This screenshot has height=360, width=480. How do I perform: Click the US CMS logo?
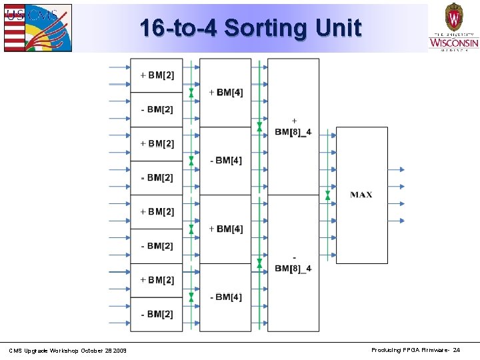pos(37,27)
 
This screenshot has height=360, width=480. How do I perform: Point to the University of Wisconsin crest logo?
pos(453,27)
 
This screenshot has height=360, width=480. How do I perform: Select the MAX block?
pos(361,195)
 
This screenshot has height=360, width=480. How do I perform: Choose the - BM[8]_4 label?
pos(293,263)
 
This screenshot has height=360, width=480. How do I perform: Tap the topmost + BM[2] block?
pos(157,75)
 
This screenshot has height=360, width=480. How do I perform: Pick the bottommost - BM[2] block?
pos(157,314)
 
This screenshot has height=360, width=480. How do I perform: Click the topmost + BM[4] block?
pos(225,92)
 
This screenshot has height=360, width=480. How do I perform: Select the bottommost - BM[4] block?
pos(225,297)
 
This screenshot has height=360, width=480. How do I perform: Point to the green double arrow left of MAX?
pos(327,195)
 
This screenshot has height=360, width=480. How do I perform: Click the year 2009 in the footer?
pos(120,351)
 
